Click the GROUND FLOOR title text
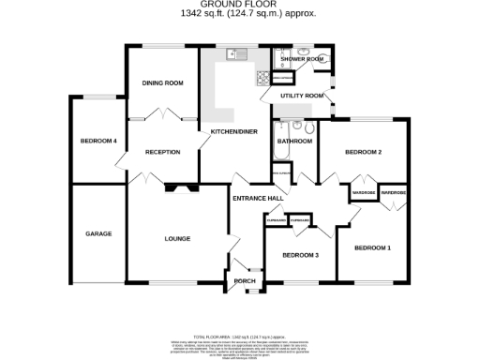coord(240,5)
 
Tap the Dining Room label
coord(162,83)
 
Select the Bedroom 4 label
coord(98,141)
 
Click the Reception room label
coord(162,151)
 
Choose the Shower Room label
coord(301,58)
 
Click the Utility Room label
coord(302,96)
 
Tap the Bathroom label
coord(293,141)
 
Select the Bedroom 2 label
coord(363,152)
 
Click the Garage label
coord(99,233)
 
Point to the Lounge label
coord(177,238)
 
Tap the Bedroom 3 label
coord(301,255)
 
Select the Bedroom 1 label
coord(371,247)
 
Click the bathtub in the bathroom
coord(293,155)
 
